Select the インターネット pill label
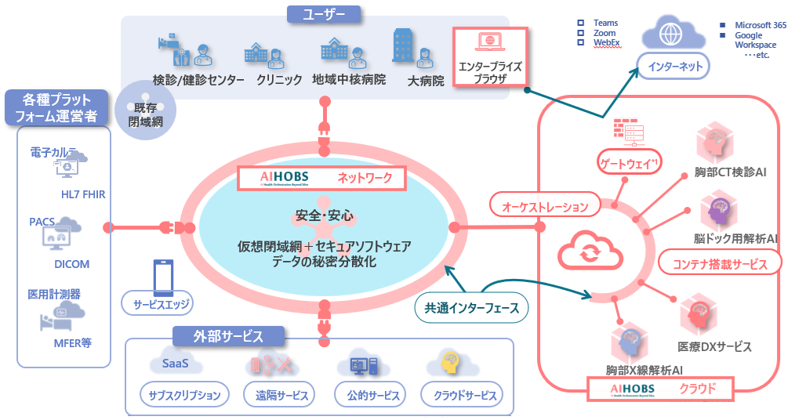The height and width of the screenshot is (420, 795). (x=673, y=67)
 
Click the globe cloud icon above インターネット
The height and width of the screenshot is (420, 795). (x=670, y=34)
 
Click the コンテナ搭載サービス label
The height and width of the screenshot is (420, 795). (x=720, y=263)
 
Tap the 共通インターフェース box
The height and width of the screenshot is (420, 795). (x=471, y=308)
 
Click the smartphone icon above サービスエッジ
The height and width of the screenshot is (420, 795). (x=162, y=274)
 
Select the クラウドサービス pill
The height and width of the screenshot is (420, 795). (x=462, y=395)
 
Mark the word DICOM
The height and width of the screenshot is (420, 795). (x=71, y=264)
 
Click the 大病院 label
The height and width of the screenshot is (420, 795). (x=426, y=80)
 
